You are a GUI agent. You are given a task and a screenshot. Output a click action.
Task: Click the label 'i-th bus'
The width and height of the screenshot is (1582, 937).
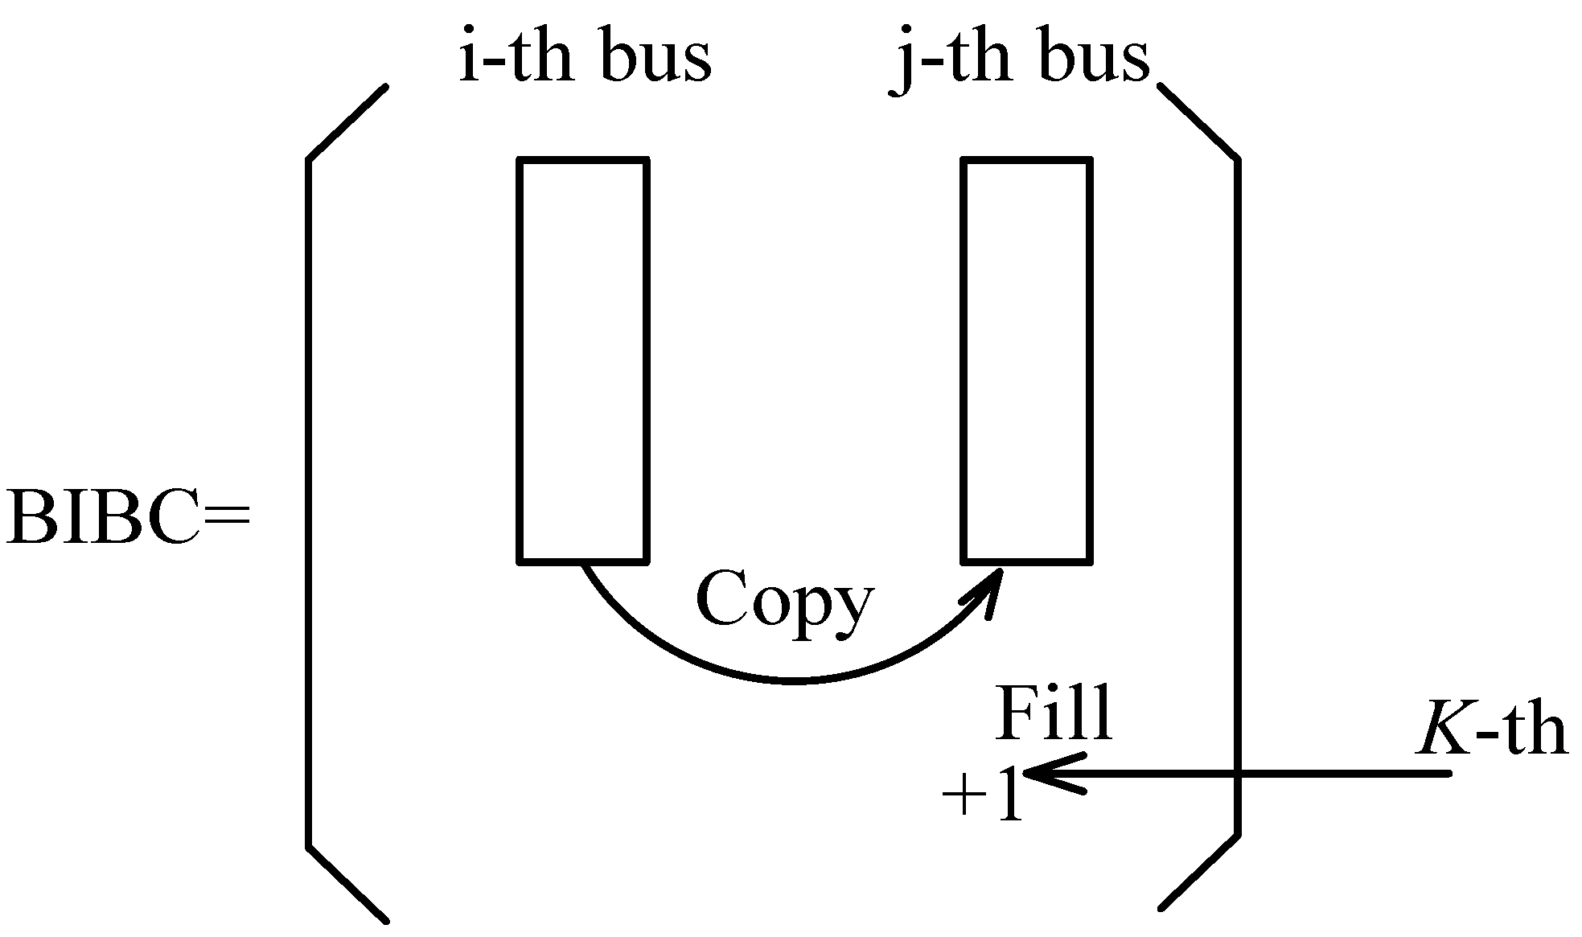tap(585, 57)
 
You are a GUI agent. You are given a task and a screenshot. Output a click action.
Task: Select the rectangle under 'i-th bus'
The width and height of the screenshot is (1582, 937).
tap(583, 360)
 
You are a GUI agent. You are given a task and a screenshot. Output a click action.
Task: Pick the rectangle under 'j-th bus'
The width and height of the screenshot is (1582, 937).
tap(1027, 360)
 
